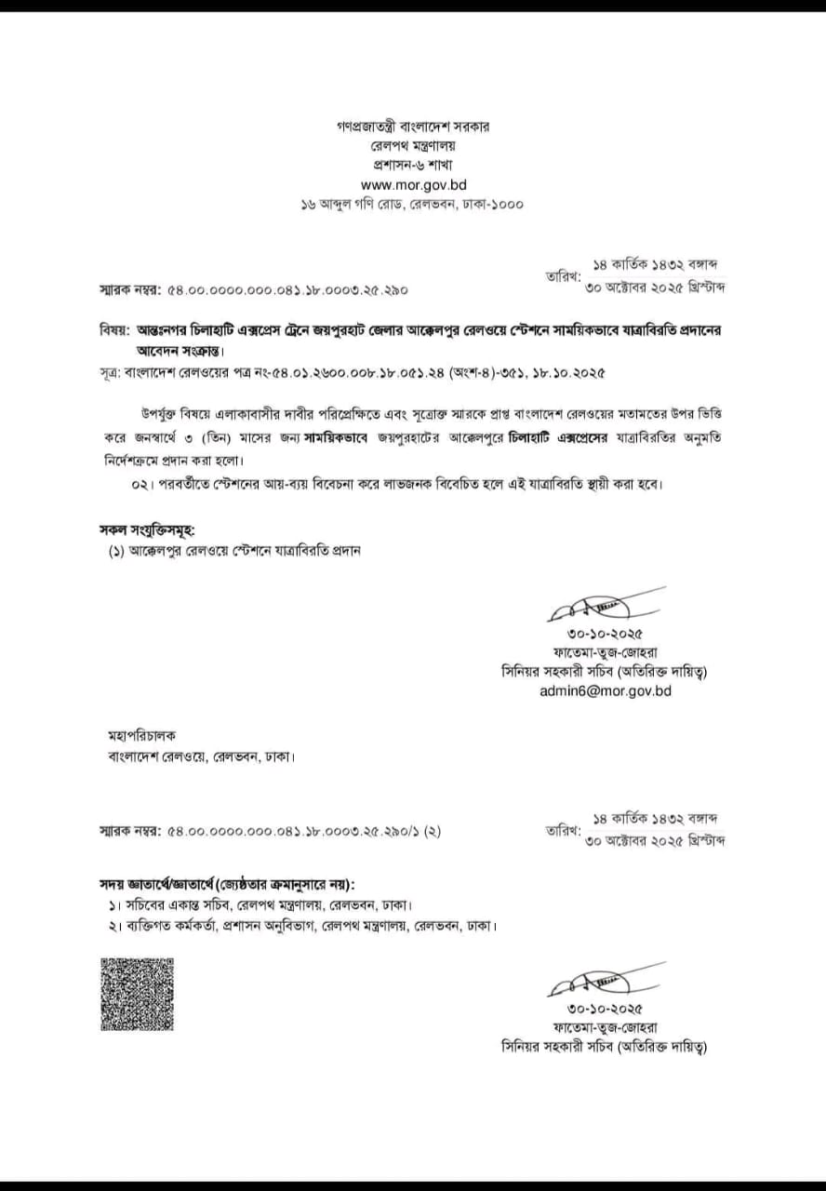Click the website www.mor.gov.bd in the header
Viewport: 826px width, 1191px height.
[413, 184]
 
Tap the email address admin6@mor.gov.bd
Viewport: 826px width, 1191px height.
[605, 690]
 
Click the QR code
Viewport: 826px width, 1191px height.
[137, 993]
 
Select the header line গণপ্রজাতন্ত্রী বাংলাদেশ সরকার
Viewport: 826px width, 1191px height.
[413, 125]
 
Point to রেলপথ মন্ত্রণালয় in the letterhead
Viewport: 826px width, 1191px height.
[413, 144]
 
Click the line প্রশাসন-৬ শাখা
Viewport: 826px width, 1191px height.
[413, 164]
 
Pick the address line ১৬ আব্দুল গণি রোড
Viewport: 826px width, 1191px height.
[413, 205]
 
